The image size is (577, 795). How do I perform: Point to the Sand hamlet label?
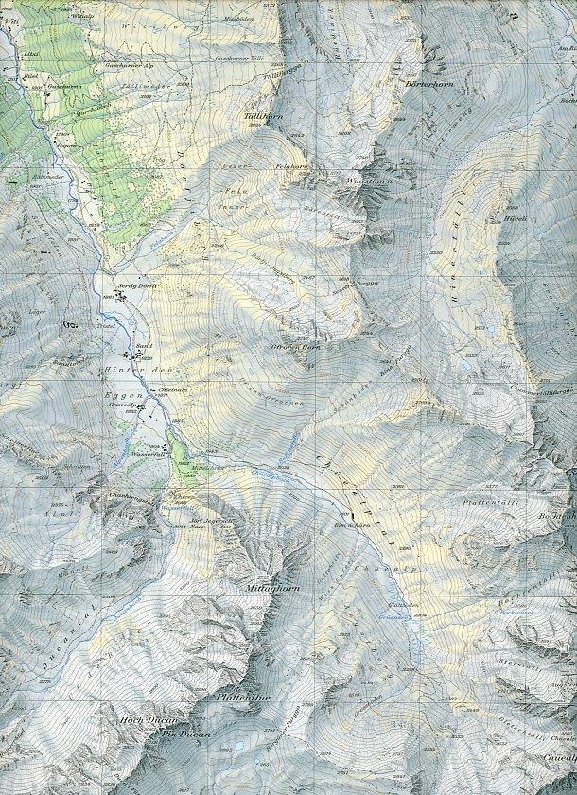click(145, 346)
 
